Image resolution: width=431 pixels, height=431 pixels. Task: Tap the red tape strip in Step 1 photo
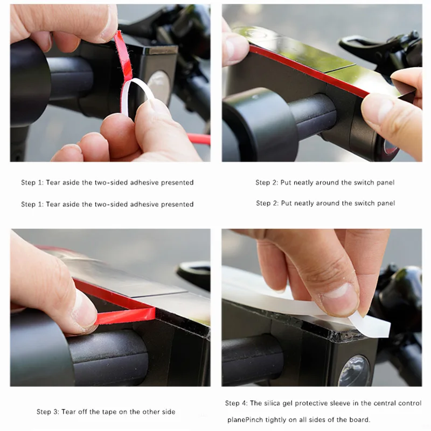[x=123, y=57]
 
